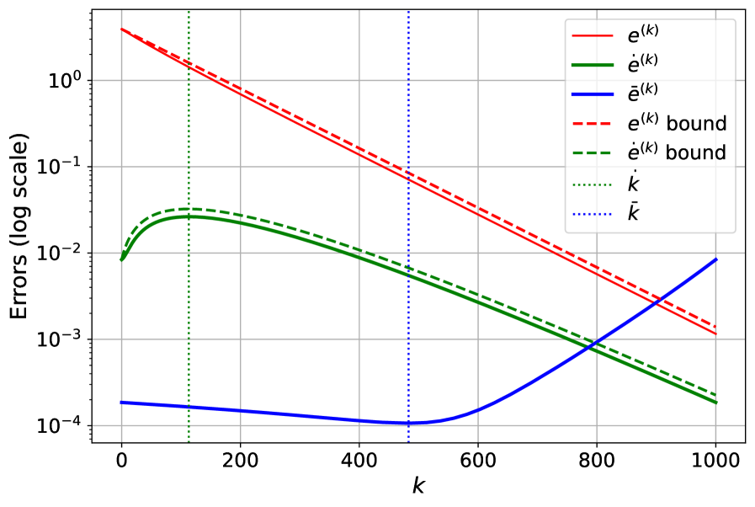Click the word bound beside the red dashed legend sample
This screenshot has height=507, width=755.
click(696, 124)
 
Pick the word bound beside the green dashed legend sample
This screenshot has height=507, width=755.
click(696, 152)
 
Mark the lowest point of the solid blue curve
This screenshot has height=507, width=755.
click(408, 423)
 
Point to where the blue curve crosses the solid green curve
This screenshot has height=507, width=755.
click(594, 344)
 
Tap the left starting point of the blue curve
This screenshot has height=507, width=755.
click(122, 402)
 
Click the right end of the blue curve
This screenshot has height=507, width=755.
click(716, 259)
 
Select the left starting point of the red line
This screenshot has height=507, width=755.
click(122, 29)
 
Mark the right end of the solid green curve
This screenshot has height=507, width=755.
click(716, 403)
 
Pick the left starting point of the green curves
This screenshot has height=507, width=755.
click(122, 260)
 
